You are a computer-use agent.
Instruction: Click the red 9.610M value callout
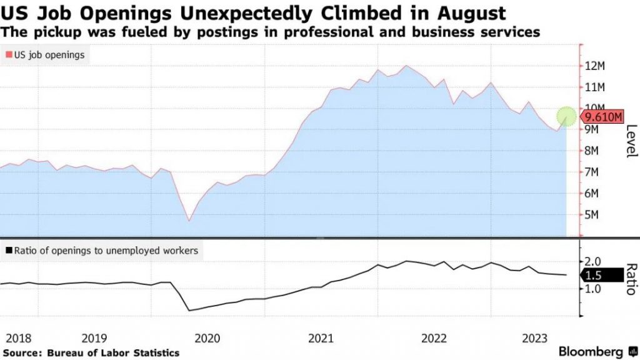(602, 117)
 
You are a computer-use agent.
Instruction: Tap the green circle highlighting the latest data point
(567, 116)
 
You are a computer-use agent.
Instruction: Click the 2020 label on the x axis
(207, 338)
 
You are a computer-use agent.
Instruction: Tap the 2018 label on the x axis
(17, 338)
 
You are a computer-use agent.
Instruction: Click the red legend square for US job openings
(8, 55)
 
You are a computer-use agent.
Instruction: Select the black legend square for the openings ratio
(8, 251)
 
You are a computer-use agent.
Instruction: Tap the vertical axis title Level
(631, 141)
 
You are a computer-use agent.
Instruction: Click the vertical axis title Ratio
(631, 279)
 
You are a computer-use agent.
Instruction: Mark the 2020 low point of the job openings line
(189, 221)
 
